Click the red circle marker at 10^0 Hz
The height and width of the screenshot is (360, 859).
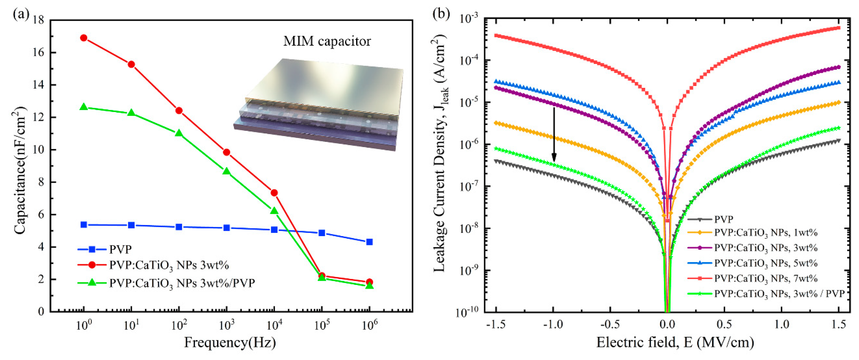84,38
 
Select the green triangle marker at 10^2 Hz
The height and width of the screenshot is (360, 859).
179,133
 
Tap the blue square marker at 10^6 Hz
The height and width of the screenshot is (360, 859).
369,242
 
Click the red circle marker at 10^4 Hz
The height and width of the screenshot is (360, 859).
274,193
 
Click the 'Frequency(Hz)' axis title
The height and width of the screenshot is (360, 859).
230,343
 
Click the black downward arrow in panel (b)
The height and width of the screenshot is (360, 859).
554,133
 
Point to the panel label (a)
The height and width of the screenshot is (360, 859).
21,14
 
